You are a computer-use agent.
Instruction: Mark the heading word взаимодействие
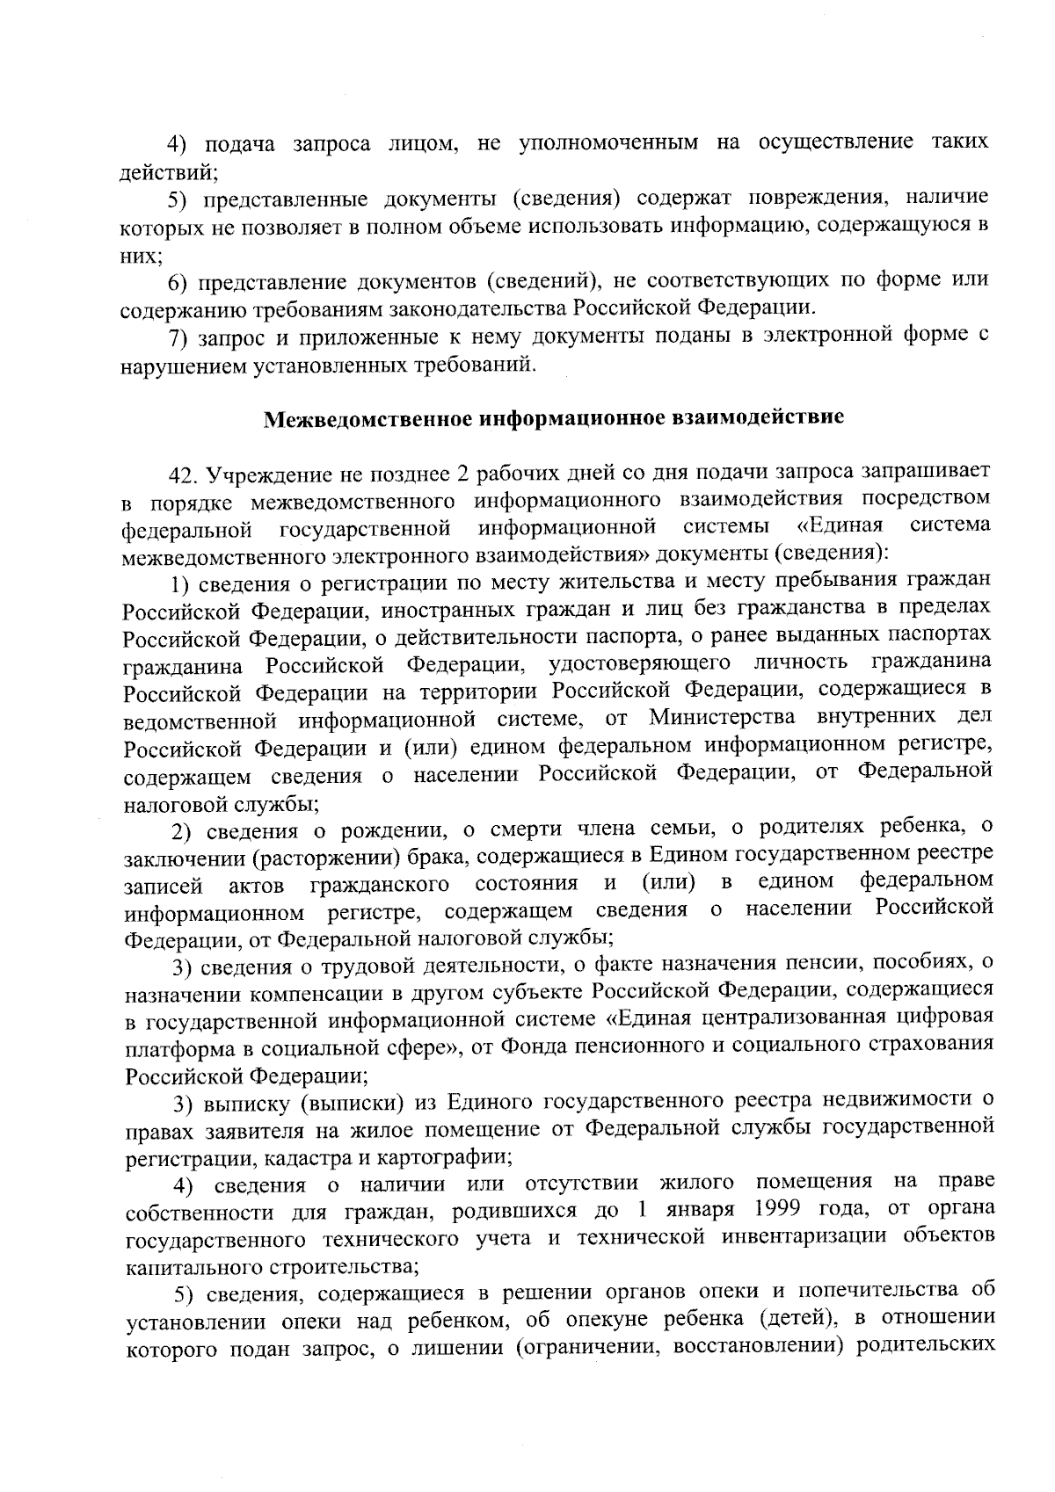pos(758,418)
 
